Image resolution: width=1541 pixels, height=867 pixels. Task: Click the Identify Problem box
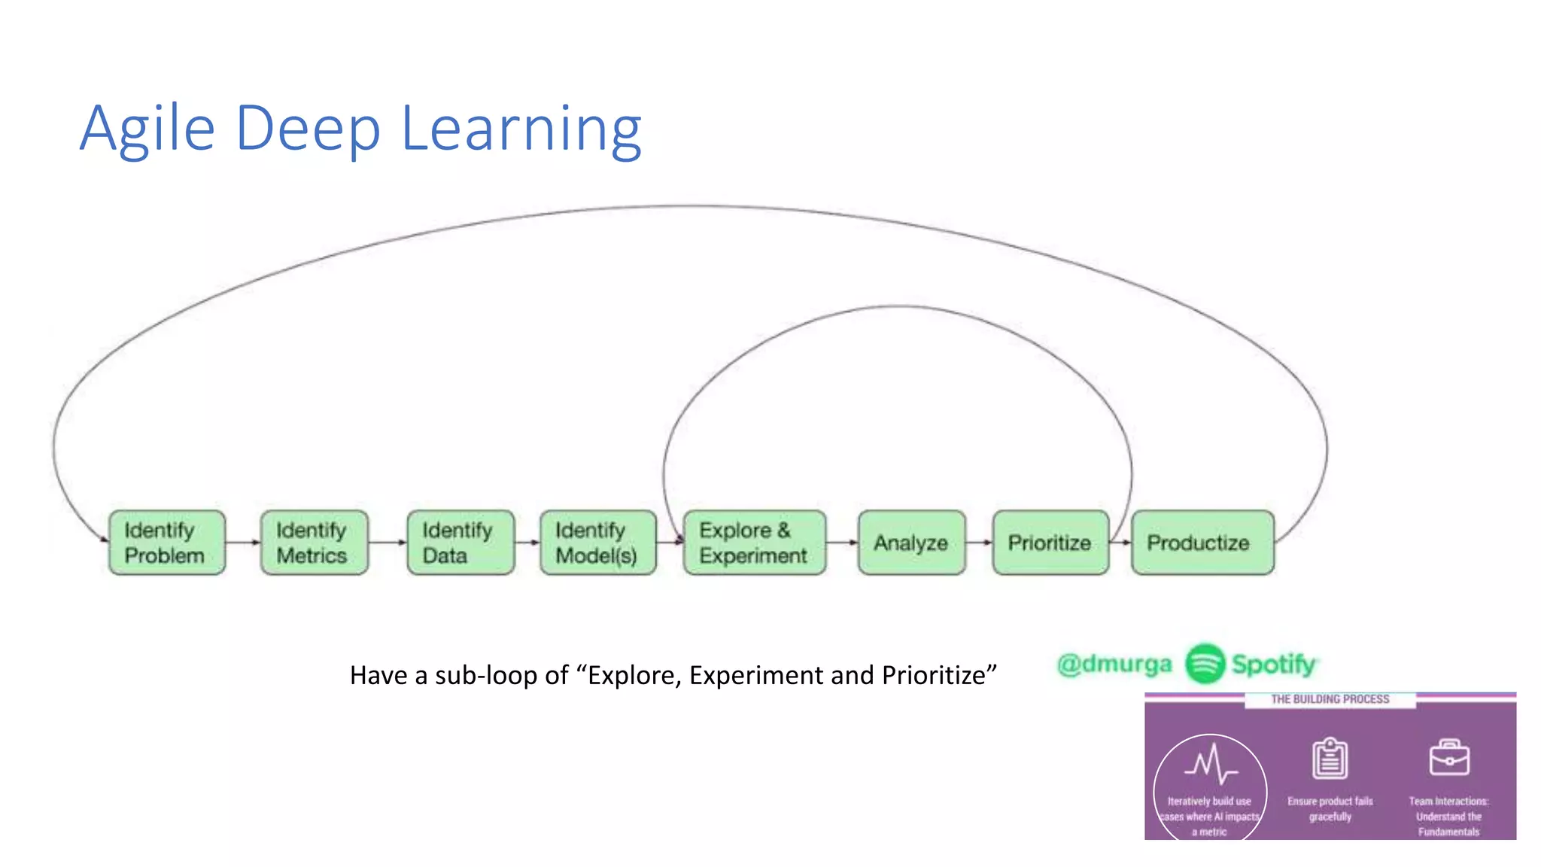pos(166,543)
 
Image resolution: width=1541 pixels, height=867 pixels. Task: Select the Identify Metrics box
pos(314,543)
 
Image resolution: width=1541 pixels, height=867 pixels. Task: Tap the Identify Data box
pos(460,543)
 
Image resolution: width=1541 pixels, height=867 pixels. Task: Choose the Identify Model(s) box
pos(597,543)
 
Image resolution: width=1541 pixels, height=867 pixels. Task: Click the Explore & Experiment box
pos(754,543)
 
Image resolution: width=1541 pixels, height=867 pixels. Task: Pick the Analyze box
pos(911,543)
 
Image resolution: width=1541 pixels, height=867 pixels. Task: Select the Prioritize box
pos(1050,543)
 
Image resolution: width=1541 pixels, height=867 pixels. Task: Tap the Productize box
pos(1202,543)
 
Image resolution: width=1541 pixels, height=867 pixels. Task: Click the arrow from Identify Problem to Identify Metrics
pos(242,542)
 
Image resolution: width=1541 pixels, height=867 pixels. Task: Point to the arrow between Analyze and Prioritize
pos(978,542)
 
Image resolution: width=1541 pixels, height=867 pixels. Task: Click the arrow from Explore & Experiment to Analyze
pos(841,542)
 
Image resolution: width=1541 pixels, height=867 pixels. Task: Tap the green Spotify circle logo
pos(1205,664)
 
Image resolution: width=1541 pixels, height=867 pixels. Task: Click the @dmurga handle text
pos(1114,664)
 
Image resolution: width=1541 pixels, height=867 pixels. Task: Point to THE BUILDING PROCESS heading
pos(1330,699)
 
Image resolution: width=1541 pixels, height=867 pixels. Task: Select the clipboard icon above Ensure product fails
pos(1330,759)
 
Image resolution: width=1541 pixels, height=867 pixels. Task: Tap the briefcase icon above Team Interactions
pos(1449,758)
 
